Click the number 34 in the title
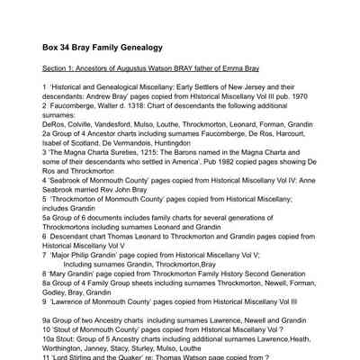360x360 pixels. pos(69,46)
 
